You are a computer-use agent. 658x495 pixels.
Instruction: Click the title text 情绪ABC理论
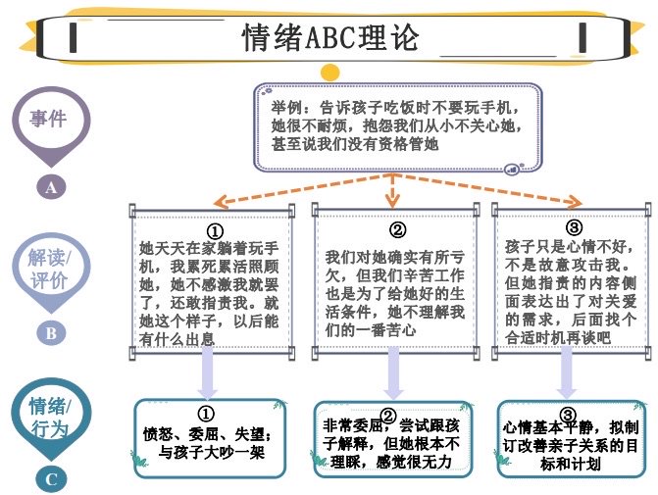(x=329, y=38)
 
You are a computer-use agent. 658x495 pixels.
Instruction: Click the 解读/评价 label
(x=50, y=267)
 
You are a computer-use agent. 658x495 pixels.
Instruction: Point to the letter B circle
(x=50, y=332)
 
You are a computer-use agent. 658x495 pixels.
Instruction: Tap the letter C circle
(x=51, y=479)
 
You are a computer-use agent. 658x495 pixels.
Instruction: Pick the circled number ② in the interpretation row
(x=397, y=231)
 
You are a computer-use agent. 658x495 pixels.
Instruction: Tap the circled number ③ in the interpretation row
(x=575, y=228)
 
